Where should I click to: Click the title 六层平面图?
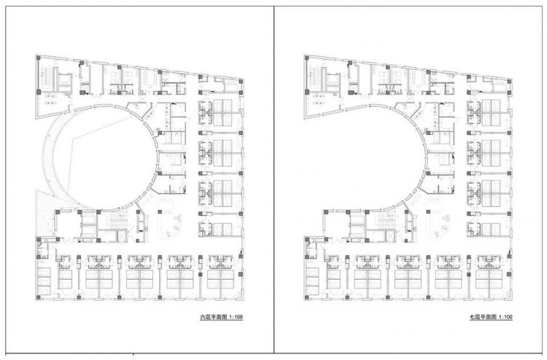pyautogui.click(x=213, y=317)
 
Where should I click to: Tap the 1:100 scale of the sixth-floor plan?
pyautogui.click(x=236, y=317)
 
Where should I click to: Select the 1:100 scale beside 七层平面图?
pyautogui.click(x=506, y=317)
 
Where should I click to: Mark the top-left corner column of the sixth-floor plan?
pyautogui.click(x=39, y=58)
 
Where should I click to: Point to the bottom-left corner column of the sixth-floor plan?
pyautogui.click(x=39, y=297)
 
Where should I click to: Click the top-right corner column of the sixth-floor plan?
pyautogui.click(x=241, y=81)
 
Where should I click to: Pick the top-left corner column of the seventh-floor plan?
pyautogui.click(x=307, y=58)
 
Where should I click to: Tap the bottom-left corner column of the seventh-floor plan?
pyautogui.click(x=307, y=297)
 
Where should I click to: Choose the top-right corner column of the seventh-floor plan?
pyautogui.click(x=510, y=81)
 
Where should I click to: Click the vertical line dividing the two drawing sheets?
pyautogui.click(x=273, y=179)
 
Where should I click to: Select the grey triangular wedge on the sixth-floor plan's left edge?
pyautogui.click(x=44, y=213)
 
